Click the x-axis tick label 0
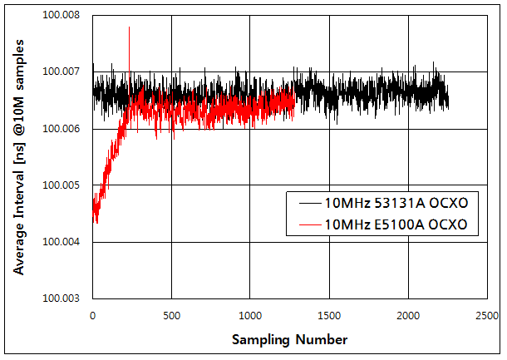pyautogui.click(x=92, y=316)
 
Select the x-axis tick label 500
pyautogui.click(x=171, y=316)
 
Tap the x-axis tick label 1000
pyautogui.click(x=250, y=316)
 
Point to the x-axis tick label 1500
pyautogui.click(x=329, y=316)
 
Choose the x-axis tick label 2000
pyautogui.click(x=408, y=316)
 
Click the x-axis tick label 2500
pyautogui.click(x=487, y=316)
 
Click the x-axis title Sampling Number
pyautogui.click(x=288, y=339)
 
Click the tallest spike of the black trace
pyautogui.click(x=129, y=27)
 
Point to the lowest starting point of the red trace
pyautogui.click(x=96, y=223)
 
